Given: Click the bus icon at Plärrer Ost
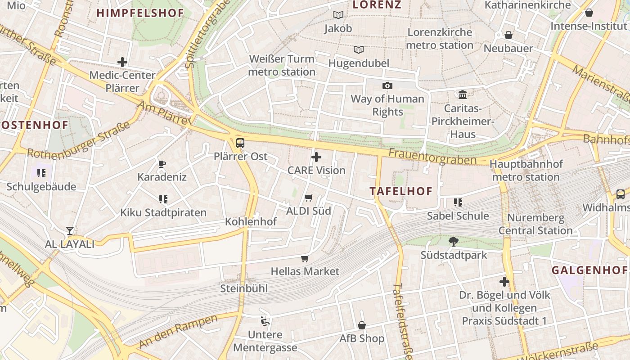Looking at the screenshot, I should point(240,144).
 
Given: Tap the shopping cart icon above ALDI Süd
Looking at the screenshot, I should point(309,198).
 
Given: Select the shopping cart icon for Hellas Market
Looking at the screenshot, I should point(305,258).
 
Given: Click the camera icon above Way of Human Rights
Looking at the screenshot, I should point(387,85).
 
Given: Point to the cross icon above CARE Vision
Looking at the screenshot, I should point(316,157).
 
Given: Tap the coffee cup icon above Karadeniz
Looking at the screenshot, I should point(162,164).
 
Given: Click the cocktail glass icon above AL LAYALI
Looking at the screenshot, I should point(70,231).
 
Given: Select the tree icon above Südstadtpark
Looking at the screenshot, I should point(454,242).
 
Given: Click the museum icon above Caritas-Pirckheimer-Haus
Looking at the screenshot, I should point(463,94).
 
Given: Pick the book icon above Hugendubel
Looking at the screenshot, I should point(358,50).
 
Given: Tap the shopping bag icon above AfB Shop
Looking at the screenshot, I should point(362,325).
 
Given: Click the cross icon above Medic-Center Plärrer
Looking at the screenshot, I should point(122,62).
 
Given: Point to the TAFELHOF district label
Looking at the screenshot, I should point(401,191).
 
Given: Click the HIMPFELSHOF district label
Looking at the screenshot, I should point(140,13).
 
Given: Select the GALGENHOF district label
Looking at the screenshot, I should point(589,270).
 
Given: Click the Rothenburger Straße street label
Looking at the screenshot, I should point(79,141).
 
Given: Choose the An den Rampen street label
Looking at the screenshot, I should point(178,331).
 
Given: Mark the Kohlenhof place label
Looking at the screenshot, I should point(251,221).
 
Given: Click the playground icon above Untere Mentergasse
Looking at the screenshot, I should point(265,321).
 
